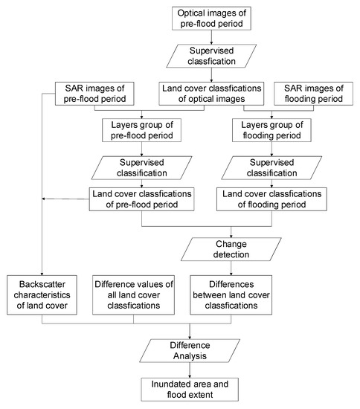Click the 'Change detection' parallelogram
pos(234,248)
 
